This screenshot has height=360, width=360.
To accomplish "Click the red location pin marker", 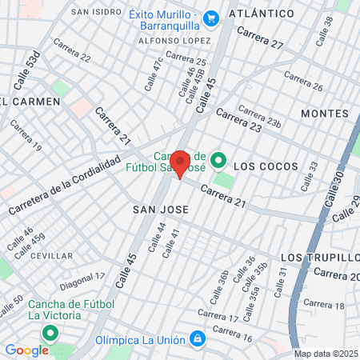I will click(179, 162).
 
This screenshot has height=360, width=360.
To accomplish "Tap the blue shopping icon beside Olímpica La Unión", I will click(197, 340).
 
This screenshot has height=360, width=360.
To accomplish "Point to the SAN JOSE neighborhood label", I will click(160, 210).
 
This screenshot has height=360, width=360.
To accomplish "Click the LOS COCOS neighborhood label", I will click(266, 166).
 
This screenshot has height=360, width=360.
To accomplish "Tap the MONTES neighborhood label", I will click(325, 114).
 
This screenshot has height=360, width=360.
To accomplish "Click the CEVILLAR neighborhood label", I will click(51, 256).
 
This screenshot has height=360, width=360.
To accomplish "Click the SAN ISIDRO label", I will click(97, 12).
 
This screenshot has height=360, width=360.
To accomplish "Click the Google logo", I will click(26, 350).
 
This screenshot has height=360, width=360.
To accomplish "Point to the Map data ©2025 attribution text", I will click(326, 354).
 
